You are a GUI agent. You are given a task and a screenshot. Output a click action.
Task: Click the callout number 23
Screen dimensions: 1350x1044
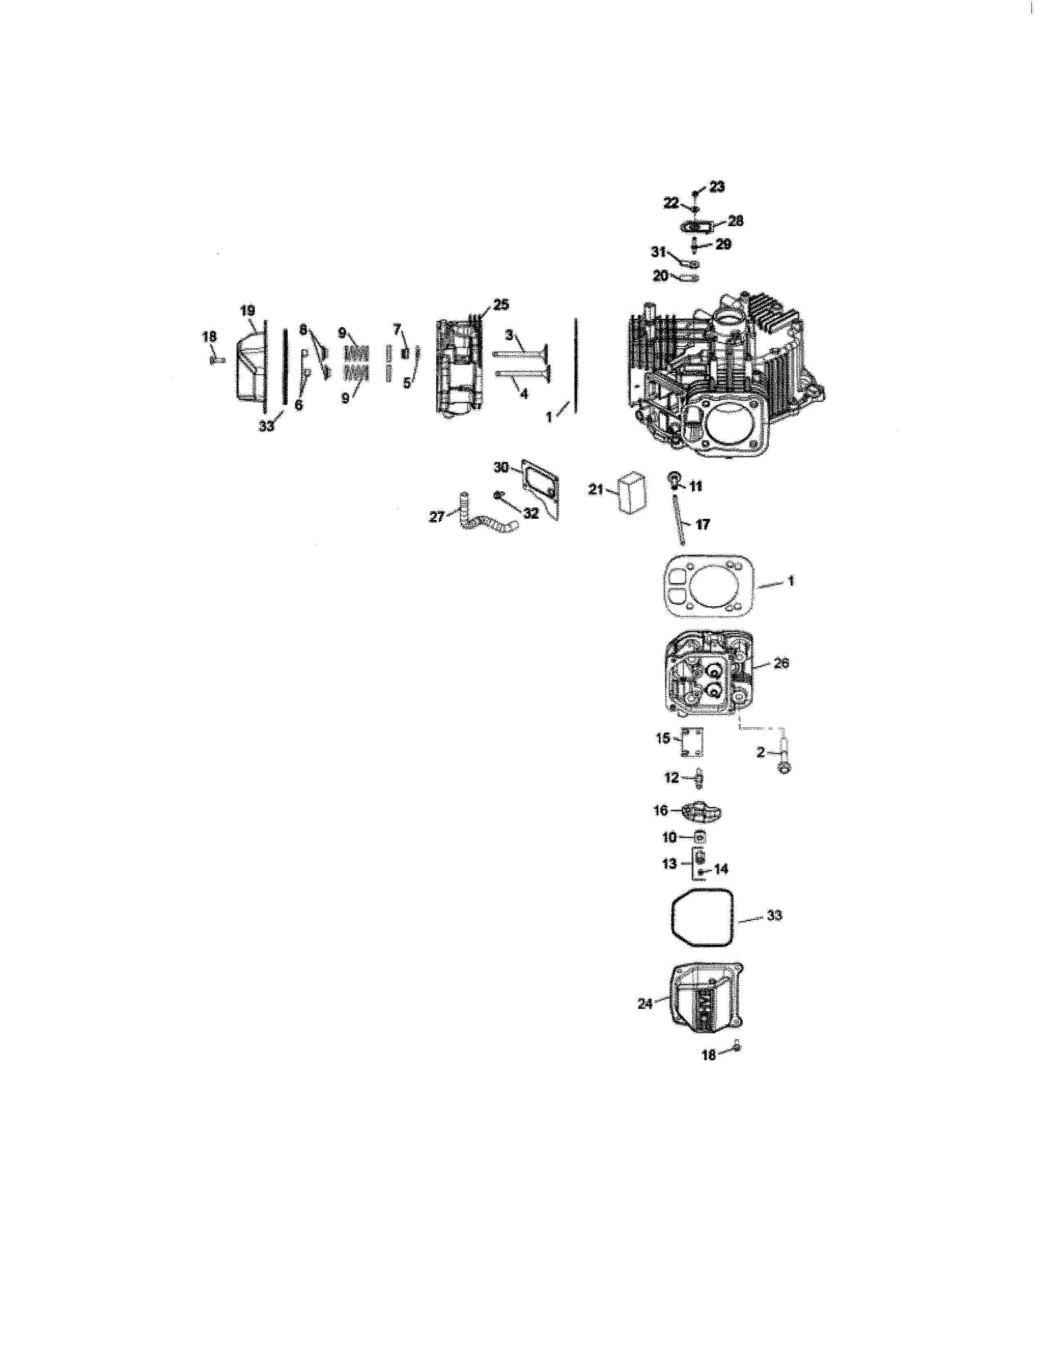coord(717,186)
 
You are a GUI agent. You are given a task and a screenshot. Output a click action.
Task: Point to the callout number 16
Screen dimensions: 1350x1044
coord(660,810)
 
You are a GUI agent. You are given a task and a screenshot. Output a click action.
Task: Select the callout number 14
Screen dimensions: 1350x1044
coord(721,868)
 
